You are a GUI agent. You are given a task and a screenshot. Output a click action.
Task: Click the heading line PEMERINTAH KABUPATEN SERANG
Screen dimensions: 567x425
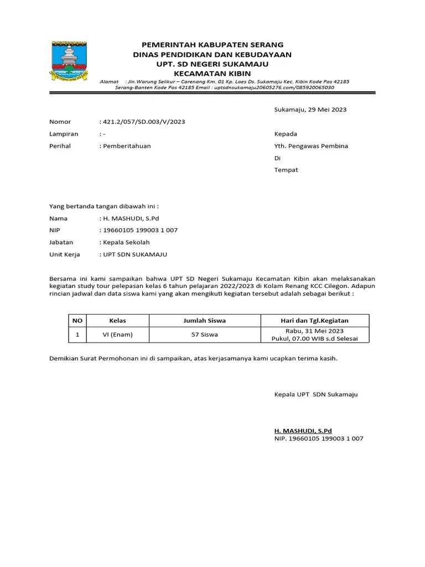click(x=212, y=44)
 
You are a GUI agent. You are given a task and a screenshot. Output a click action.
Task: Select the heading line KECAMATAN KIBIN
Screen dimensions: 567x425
click(x=212, y=74)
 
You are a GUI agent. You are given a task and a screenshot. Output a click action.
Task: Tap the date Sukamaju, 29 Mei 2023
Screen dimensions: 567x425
click(x=310, y=110)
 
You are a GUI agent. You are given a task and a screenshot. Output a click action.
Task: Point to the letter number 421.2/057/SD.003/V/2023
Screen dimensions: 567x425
click(x=143, y=122)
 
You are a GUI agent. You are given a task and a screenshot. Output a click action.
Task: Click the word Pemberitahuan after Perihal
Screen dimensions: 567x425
click(x=126, y=146)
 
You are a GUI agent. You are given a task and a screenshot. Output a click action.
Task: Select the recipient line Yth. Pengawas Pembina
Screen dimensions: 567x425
click(x=311, y=146)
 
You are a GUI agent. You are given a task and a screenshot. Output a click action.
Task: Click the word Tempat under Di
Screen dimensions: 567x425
click(x=286, y=170)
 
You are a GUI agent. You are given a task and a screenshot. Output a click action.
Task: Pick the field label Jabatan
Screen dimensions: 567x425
click(x=61, y=243)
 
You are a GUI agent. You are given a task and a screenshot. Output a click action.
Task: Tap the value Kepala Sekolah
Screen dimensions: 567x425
click(x=126, y=243)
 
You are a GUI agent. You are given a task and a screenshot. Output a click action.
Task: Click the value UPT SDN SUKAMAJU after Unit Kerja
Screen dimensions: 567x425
click(x=134, y=255)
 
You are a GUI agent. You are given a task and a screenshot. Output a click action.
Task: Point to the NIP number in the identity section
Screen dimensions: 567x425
click(x=139, y=230)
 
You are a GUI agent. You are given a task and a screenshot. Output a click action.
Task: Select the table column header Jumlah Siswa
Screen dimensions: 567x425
click(x=204, y=321)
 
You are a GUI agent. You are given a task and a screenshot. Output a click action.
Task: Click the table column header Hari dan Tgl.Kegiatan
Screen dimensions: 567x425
click(x=314, y=321)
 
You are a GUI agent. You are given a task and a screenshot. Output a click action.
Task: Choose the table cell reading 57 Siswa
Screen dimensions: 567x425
click(x=204, y=334)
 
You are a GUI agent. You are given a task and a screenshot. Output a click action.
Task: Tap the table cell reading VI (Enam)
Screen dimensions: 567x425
click(x=118, y=334)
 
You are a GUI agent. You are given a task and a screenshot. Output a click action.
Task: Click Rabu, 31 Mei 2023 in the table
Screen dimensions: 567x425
click(x=314, y=331)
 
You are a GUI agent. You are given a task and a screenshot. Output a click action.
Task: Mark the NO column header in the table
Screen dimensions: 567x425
click(x=77, y=321)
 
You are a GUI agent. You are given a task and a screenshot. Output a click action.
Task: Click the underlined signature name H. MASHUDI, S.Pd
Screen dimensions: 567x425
click(x=303, y=430)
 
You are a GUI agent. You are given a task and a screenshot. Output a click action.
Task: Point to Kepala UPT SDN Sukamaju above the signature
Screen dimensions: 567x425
click(x=316, y=394)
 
